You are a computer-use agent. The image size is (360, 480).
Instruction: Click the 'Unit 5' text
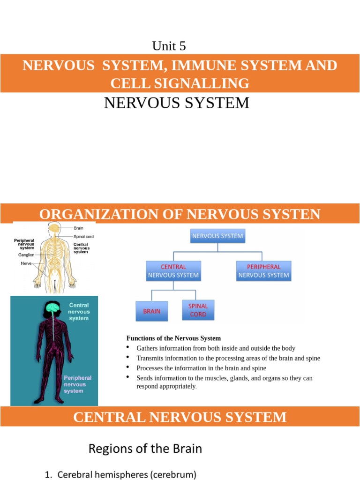click(x=169, y=46)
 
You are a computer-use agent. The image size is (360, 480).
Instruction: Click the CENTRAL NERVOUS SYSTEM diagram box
click(x=173, y=271)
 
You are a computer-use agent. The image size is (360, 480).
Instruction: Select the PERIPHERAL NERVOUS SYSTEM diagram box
click(x=263, y=271)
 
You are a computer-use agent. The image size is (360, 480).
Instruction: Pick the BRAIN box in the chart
click(x=151, y=311)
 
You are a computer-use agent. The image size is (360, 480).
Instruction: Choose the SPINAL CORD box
click(x=198, y=310)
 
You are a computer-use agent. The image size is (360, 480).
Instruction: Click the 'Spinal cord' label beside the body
click(x=83, y=237)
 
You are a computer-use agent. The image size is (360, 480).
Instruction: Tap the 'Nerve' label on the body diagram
click(x=26, y=263)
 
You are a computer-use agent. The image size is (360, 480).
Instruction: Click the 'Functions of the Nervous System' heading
click(x=173, y=338)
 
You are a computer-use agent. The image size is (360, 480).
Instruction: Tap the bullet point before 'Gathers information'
click(x=128, y=348)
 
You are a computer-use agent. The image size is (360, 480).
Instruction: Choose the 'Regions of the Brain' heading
click(x=145, y=449)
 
